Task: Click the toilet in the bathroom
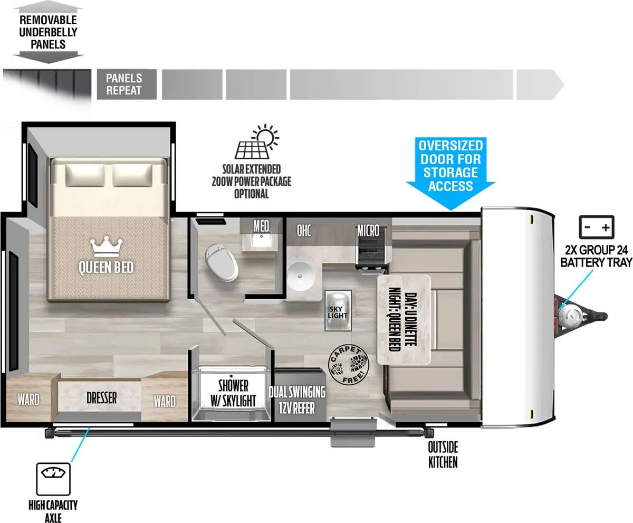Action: [222, 263]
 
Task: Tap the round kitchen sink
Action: [301, 277]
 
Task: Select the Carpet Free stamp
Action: [348, 365]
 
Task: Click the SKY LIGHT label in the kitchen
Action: [338, 312]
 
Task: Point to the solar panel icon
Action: [257, 141]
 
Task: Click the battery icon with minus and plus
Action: [596, 227]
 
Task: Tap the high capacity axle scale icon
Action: [53, 479]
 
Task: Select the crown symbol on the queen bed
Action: [107, 246]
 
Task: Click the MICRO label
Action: [368, 231]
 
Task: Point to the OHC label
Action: [304, 231]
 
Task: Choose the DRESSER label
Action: [102, 398]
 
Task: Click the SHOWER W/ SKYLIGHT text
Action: [233, 393]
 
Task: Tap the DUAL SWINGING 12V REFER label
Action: [297, 400]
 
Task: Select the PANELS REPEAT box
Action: [127, 84]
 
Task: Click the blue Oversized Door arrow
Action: [450, 173]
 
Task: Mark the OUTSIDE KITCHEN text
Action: [443, 455]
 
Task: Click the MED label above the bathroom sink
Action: [261, 226]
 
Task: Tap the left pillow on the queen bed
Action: [85, 175]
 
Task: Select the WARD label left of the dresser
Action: [28, 400]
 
